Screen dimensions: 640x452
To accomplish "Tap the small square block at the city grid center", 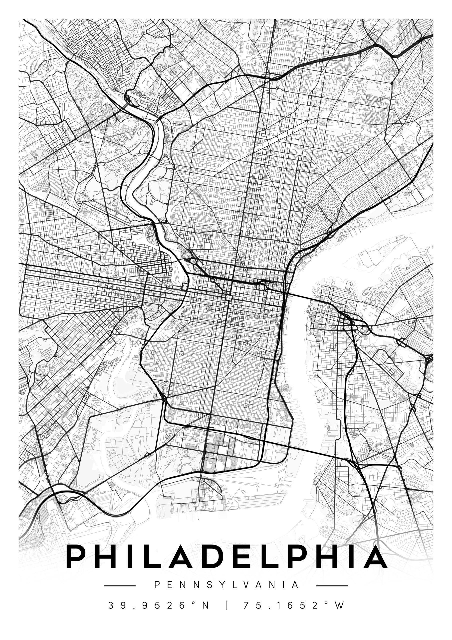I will click(x=229, y=298).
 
